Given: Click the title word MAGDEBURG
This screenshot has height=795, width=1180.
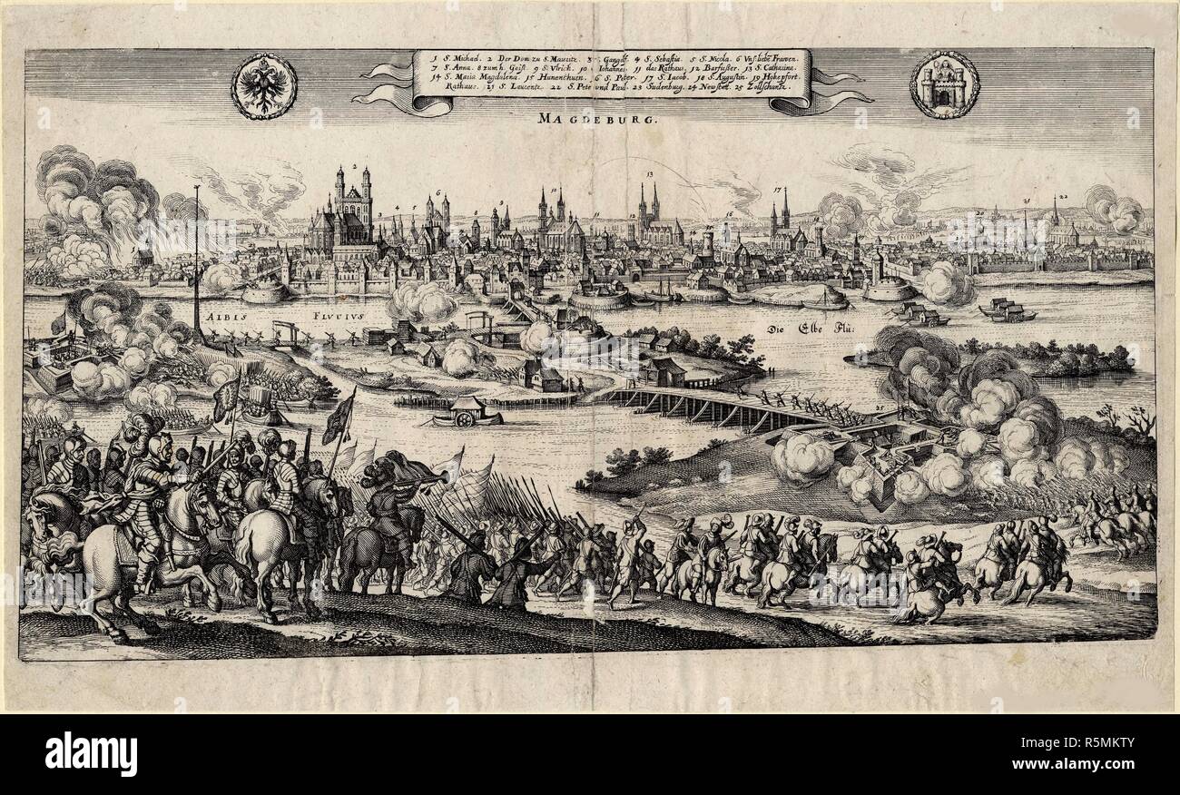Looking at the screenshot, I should [x=587, y=118].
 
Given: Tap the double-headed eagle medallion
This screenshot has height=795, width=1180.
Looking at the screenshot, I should [x=263, y=85].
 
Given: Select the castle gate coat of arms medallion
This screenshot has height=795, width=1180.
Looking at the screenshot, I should [x=943, y=84].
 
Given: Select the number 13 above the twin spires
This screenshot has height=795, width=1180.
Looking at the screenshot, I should [x=650, y=173].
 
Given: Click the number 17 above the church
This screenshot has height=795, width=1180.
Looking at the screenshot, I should [x=778, y=191].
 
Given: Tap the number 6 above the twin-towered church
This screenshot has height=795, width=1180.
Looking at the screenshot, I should [x=438, y=193].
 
